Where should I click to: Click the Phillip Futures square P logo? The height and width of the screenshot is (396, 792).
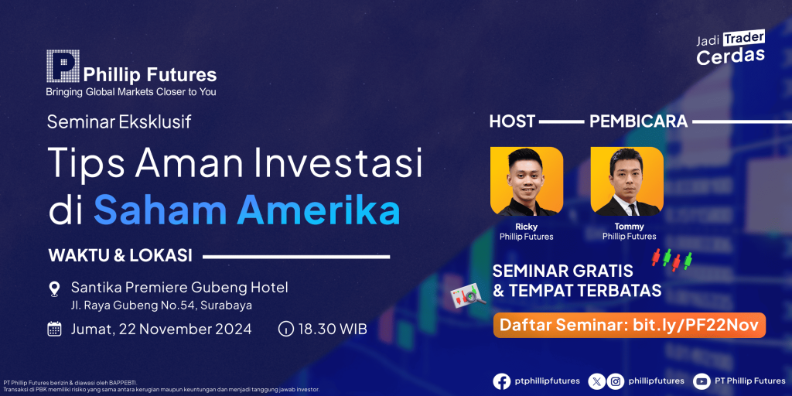click(x=63, y=66)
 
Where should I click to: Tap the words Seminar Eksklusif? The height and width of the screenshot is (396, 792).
click(x=119, y=121)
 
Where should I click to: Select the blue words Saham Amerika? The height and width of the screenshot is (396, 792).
click(x=247, y=211)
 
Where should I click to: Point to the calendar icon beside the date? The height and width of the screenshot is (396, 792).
click(x=54, y=329)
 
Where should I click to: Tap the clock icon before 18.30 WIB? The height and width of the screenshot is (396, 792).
click(x=285, y=329)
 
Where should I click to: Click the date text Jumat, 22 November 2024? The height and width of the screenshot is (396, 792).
click(x=161, y=329)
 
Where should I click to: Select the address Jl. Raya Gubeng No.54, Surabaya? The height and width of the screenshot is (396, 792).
click(x=162, y=305)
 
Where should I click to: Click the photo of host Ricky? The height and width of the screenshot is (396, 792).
click(x=526, y=181)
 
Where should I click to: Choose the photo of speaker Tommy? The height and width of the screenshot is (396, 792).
click(x=626, y=181)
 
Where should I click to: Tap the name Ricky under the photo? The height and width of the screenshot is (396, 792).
click(x=526, y=227)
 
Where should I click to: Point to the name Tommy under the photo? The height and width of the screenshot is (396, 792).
click(x=630, y=227)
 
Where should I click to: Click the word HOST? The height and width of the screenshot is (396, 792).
click(x=512, y=121)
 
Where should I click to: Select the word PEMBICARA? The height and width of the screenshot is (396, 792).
click(x=638, y=121)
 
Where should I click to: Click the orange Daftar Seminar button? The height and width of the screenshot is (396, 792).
click(x=630, y=326)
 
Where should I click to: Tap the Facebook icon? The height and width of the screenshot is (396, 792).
click(x=501, y=381)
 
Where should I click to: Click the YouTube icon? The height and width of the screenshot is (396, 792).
click(x=702, y=381)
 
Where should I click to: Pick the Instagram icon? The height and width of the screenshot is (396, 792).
click(x=615, y=381)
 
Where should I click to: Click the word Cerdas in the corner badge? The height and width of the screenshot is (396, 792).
click(x=730, y=56)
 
